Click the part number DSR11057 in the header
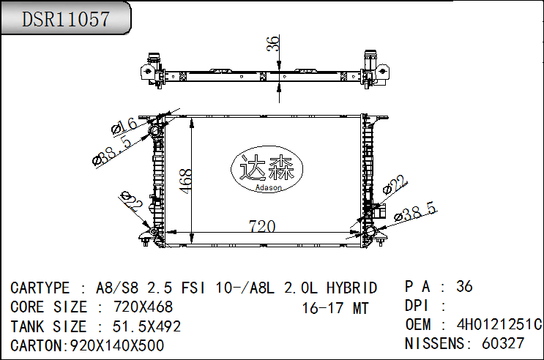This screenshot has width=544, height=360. (66, 19)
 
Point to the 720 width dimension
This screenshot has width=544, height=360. (262, 226)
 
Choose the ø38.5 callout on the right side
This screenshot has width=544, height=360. (415, 212)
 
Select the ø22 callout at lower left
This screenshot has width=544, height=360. (133, 202)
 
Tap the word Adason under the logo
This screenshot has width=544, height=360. (268, 188)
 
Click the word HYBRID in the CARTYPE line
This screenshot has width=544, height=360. (351, 288)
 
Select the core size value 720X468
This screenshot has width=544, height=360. (144, 307)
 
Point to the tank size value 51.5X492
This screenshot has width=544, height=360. (146, 326)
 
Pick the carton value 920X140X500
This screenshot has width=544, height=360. (116, 345)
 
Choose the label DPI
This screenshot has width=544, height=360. (419, 305)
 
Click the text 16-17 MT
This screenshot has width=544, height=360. (335, 308)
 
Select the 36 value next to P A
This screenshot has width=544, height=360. (464, 286)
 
